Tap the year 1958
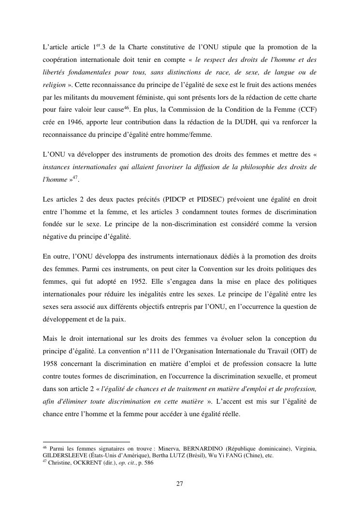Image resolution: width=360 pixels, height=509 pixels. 51,362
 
